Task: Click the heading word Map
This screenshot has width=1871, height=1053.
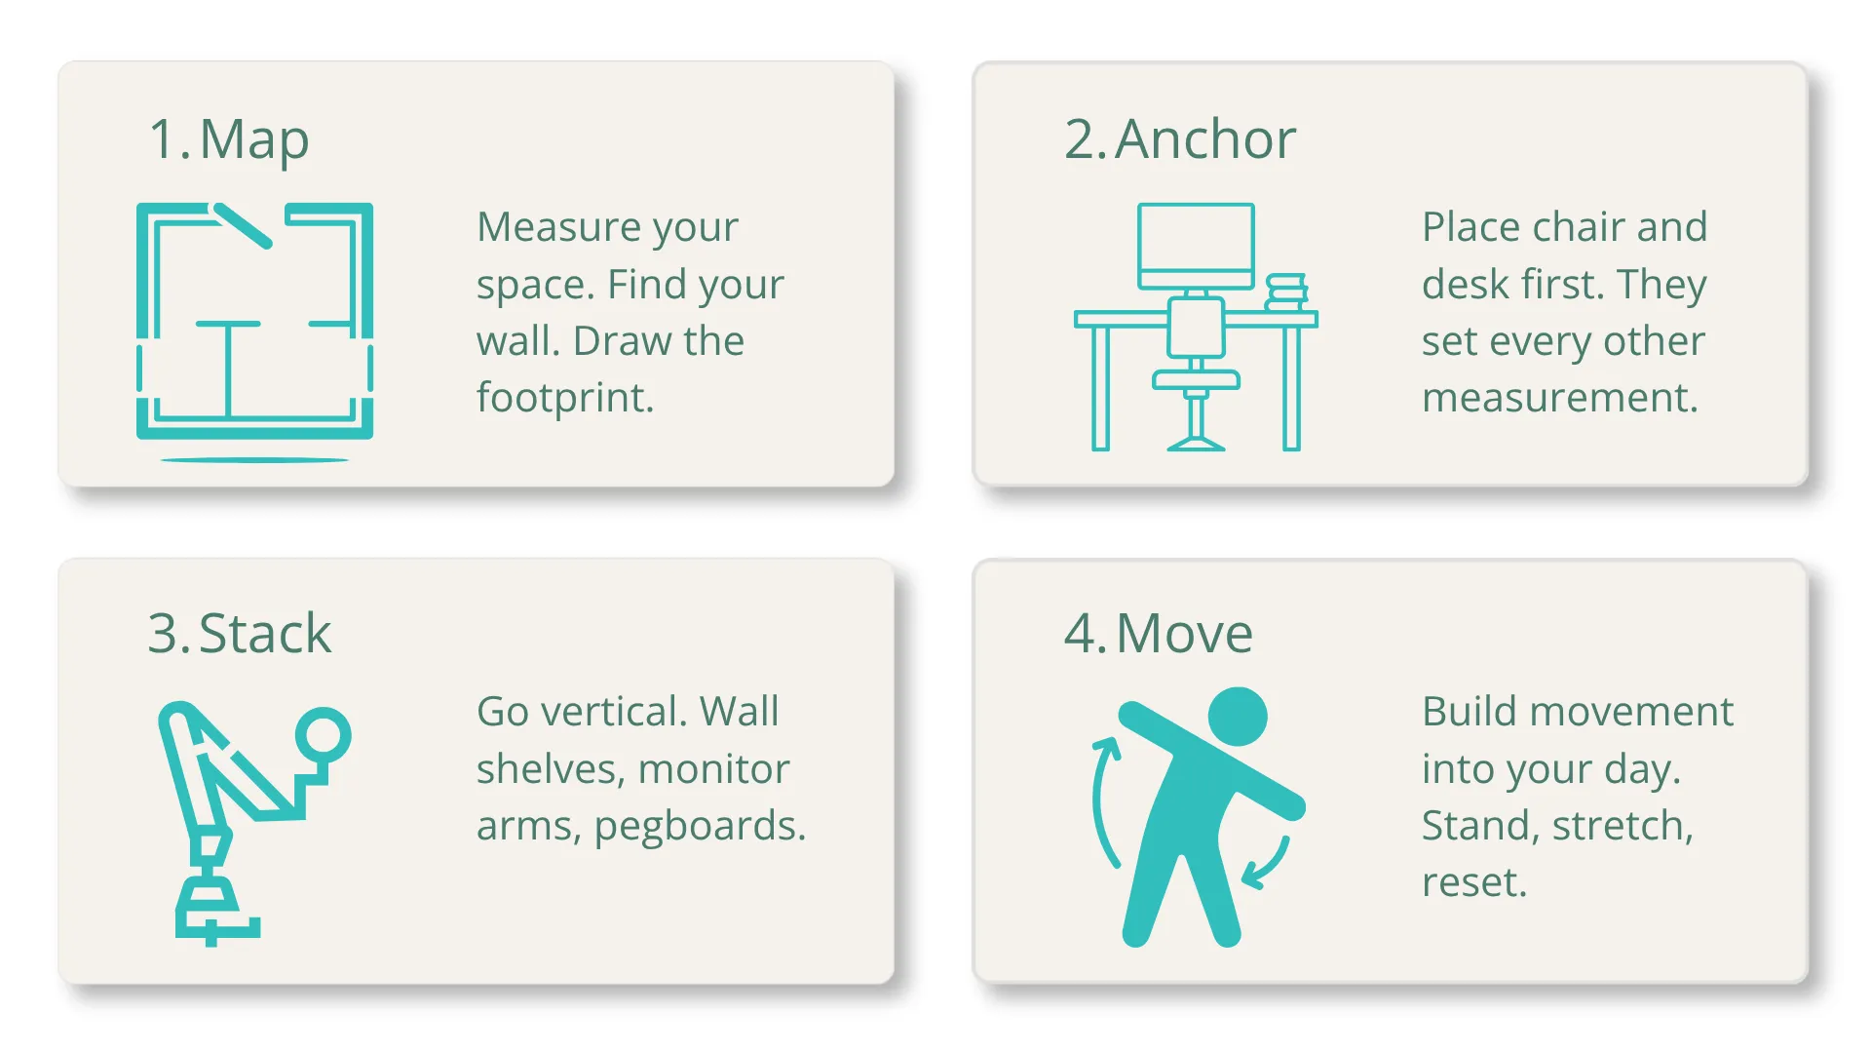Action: [x=254, y=140]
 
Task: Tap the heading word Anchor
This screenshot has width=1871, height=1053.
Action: [x=1205, y=139]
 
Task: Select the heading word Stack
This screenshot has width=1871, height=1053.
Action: [x=265, y=634]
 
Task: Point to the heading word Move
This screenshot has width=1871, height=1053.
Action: [x=1184, y=634]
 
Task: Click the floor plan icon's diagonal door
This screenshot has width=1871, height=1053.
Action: [x=243, y=225]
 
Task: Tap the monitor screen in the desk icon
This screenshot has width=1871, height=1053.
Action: [x=1196, y=239]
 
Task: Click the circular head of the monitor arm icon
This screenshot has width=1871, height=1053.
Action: [x=323, y=733]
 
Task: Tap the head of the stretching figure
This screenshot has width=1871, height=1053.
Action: [x=1238, y=717]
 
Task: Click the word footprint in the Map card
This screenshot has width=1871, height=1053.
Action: [x=564, y=398]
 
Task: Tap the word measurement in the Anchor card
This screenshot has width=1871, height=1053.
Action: [x=1559, y=398]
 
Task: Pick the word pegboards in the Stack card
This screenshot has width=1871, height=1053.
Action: [x=699, y=827]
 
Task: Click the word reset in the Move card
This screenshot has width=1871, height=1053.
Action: [x=1471, y=883]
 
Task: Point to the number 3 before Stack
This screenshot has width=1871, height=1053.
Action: [x=163, y=634]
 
